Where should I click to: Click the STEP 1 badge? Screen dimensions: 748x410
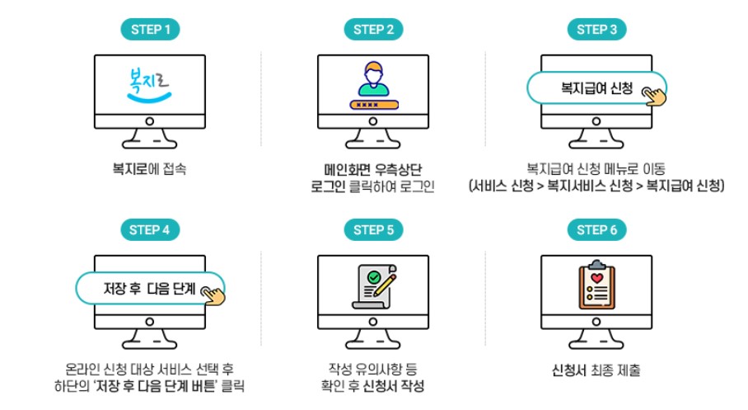[x=150, y=30]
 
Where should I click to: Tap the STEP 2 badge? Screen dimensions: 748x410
[x=373, y=30]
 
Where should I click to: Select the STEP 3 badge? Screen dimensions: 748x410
[x=597, y=30]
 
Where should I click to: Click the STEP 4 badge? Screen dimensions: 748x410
[x=150, y=230]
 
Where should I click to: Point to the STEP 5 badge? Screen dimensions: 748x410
[x=373, y=230]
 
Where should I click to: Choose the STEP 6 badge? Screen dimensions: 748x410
[x=597, y=230]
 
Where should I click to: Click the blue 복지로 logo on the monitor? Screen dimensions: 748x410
[x=148, y=82]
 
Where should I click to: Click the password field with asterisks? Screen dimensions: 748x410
[x=372, y=105]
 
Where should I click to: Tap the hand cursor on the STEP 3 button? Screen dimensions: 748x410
[x=655, y=96]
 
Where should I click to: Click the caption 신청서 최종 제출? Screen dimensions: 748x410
[x=597, y=370]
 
